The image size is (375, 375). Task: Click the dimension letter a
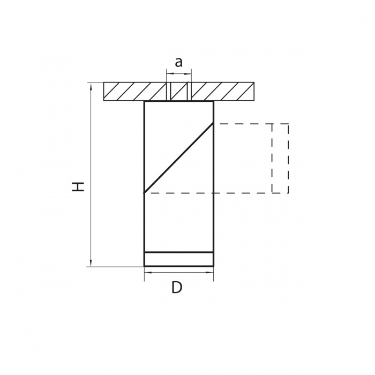click(x=178, y=62)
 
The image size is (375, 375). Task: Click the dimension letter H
click(x=78, y=186)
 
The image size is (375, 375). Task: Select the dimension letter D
click(x=177, y=288)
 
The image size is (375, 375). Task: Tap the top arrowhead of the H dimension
click(x=91, y=86)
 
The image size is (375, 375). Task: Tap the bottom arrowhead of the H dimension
click(x=91, y=262)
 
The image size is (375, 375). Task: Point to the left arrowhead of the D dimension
click(x=148, y=272)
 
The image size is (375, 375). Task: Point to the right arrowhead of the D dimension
click(x=210, y=272)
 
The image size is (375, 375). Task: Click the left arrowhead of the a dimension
click(x=170, y=74)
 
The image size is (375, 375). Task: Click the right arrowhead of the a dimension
click(x=188, y=74)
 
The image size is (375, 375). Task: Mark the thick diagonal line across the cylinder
click(x=178, y=158)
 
